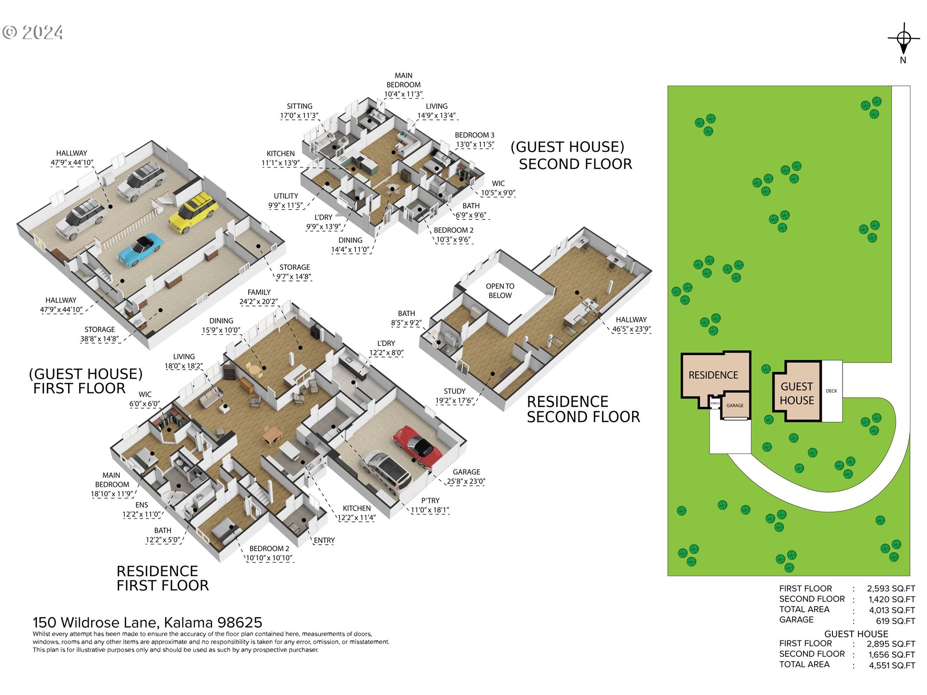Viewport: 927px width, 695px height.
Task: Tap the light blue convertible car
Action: pos(140,249)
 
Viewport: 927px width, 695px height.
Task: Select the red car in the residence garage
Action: pos(417,446)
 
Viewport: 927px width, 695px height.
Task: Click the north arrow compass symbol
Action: pos(904,39)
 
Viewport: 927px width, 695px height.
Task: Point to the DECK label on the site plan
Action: pos(831,391)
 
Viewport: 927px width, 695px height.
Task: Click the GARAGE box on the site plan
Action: pos(735,406)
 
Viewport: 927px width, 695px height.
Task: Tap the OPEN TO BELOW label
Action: pos(500,291)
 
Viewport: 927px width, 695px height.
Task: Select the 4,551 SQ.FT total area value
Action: pos(892,666)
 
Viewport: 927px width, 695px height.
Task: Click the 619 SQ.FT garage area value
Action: pos(896,621)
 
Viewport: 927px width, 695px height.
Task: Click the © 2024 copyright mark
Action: pos(32,32)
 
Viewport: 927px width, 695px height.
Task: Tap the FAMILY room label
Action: pos(259,292)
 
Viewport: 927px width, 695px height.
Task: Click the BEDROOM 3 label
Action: pos(475,135)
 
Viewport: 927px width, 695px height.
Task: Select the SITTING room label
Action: pos(299,106)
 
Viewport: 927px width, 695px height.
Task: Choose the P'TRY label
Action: pos(430,500)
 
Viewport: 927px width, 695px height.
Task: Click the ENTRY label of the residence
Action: pos(324,541)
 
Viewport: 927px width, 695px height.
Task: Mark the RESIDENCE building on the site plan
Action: pos(716,379)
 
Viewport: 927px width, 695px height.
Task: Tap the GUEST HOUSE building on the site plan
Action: pos(797,391)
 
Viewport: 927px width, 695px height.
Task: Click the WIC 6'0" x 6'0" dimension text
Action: pos(144,404)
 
